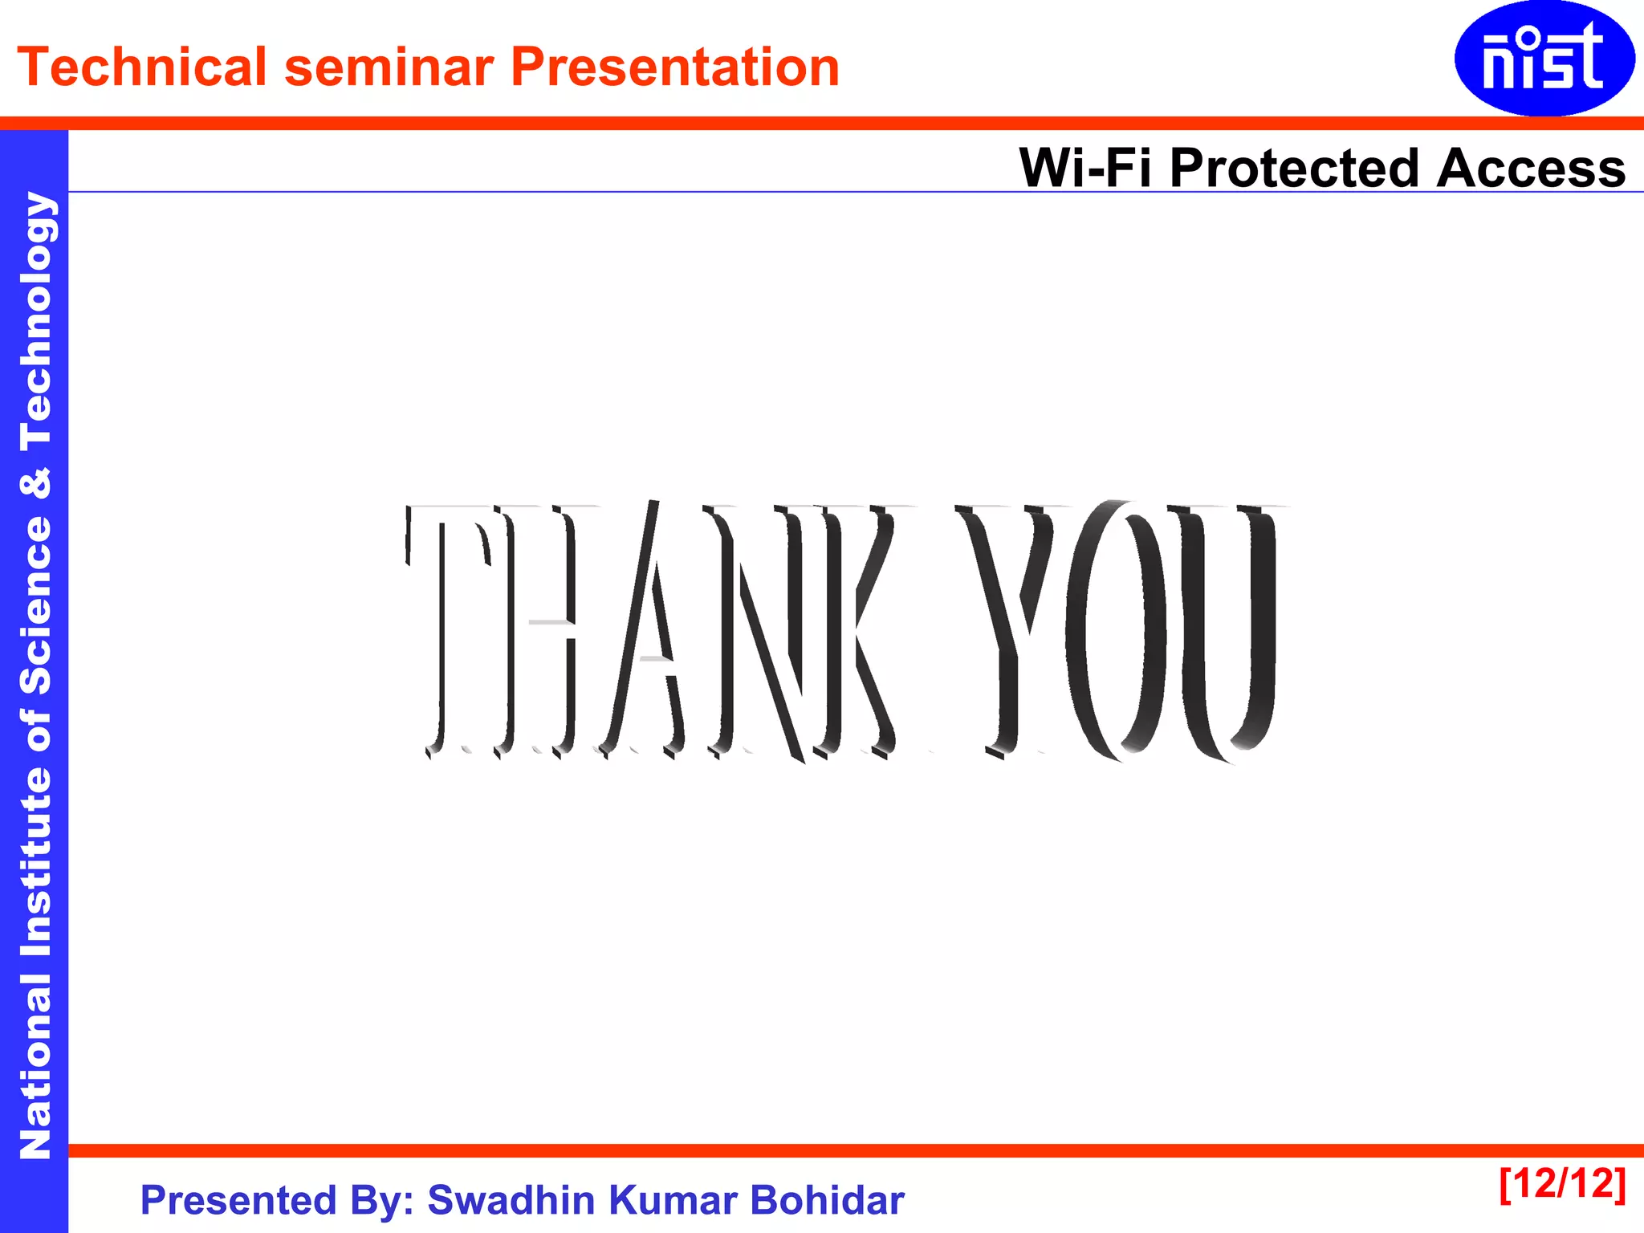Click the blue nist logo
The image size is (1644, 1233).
click(x=1544, y=58)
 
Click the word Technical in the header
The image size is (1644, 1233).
click(x=141, y=67)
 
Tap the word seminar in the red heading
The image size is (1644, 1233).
click(x=389, y=68)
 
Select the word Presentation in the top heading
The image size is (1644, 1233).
click(x=675, y=67)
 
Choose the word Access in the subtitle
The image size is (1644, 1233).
click(x=1530, y=168)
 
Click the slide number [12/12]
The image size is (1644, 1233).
click(x=1562, y=1183)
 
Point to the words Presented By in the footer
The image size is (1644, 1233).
click(x=277, y=1200)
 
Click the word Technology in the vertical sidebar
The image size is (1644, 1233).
click(x=35, y=321)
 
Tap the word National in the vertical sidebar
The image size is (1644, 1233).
click(x=35, y=1068)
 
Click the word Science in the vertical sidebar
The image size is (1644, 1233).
click(x=35, y=606)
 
